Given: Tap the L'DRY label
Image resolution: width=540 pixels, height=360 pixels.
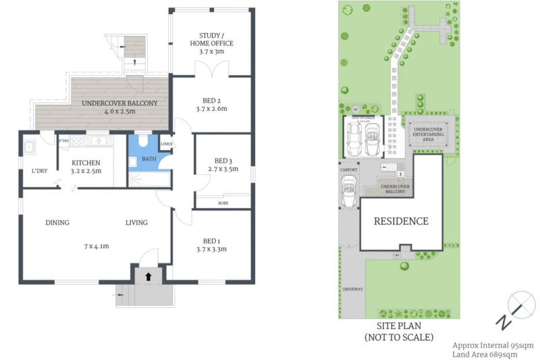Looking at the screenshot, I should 39,170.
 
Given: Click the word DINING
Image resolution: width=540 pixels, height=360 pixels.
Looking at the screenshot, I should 58,223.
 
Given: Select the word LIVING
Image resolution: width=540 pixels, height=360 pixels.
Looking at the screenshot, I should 136,223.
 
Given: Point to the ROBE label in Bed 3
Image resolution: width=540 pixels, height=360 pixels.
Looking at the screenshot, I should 223,203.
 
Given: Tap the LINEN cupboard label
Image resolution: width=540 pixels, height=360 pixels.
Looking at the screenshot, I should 165,143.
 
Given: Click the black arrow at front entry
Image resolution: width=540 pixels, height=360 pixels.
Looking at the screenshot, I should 147,276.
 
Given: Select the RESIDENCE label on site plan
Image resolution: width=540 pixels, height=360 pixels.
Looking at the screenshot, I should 401,221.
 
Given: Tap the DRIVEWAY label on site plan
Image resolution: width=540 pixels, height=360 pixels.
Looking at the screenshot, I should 352,289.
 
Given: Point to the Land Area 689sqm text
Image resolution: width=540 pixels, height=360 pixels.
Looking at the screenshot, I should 485,354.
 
